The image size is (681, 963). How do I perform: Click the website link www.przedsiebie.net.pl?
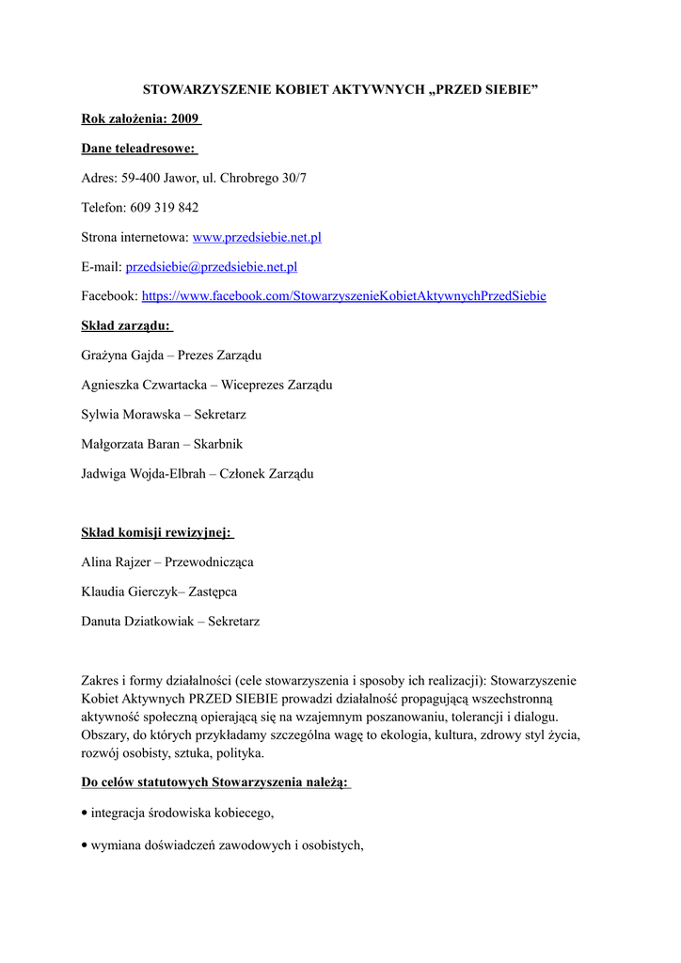click(x=257, y=237)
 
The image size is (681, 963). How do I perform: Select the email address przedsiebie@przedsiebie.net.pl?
click(x=212, y=267)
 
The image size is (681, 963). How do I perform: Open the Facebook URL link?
click(x=343, y=296)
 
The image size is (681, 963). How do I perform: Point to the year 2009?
click(x=185, y=119)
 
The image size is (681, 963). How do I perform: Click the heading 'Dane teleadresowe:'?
click(x=138, y=149)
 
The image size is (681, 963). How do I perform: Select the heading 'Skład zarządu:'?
click(x=126, y=325)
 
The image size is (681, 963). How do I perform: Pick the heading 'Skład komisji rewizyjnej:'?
click(x=156, y=532)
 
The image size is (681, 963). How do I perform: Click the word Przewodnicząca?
click(x=209, y=562)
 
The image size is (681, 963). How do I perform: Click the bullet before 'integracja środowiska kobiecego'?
click(x=86, y=812)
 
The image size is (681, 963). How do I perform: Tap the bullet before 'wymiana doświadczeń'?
click(x=86, y=845)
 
